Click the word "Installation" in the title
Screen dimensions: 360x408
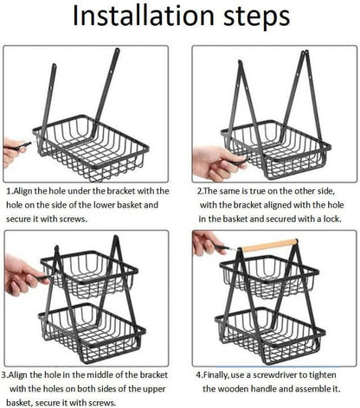(143, 16)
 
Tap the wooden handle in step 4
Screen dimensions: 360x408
(269, 245)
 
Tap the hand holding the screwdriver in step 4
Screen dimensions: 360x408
(208, 244)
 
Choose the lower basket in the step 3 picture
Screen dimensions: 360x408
(93, 331)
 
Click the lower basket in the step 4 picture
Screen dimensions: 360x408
(270, 335)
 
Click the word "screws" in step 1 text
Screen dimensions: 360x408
(73, 219)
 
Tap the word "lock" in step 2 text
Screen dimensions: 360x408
(332, 219)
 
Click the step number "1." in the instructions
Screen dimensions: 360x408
(10, 191)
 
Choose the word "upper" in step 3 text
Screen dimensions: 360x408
(154, 390)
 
